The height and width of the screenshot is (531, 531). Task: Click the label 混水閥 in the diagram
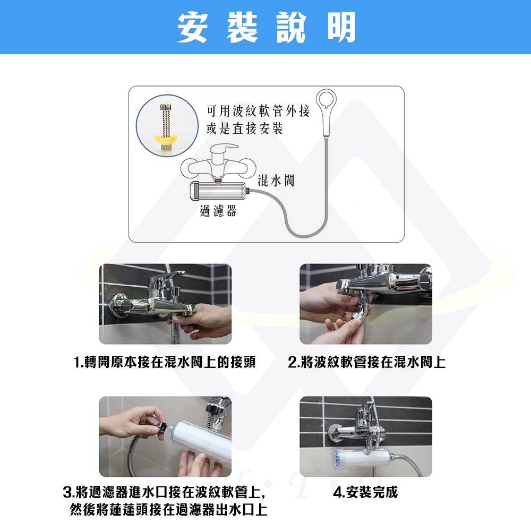point(276,181)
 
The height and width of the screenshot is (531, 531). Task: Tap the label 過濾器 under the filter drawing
point(218,211)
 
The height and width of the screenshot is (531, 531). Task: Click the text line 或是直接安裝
point(244,129)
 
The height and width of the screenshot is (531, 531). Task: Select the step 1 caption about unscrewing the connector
point(165,363)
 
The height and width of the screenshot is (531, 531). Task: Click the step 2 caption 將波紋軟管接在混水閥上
point(366,363)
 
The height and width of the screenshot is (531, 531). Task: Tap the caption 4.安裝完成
point(365,492)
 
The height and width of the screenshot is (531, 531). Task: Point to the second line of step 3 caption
point(169,510)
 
